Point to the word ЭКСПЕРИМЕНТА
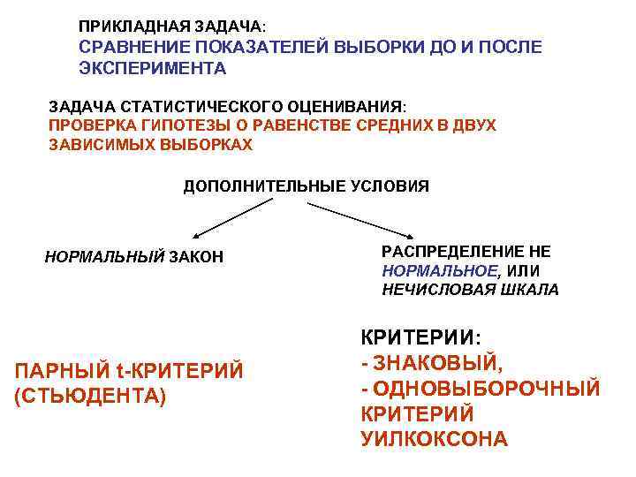[x=153, y=67]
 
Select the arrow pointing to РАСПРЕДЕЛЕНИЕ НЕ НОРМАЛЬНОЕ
[x=363, y=218]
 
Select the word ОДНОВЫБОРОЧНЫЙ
[x=487, y=389]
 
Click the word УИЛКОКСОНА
[x=435, y=438]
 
